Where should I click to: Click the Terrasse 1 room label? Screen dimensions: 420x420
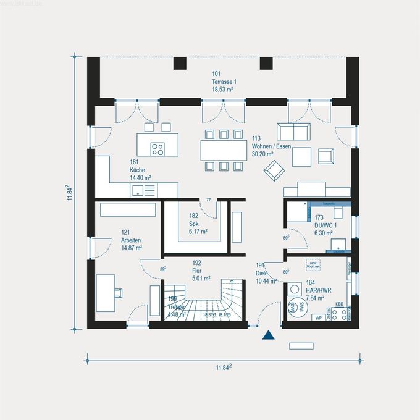225,82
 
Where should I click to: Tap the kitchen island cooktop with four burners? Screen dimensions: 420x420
157,148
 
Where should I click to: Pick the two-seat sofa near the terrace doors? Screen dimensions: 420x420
293,132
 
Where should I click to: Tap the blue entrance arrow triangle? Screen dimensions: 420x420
268,335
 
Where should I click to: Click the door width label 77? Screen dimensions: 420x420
209,200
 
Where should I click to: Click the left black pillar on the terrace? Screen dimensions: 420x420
180,63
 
